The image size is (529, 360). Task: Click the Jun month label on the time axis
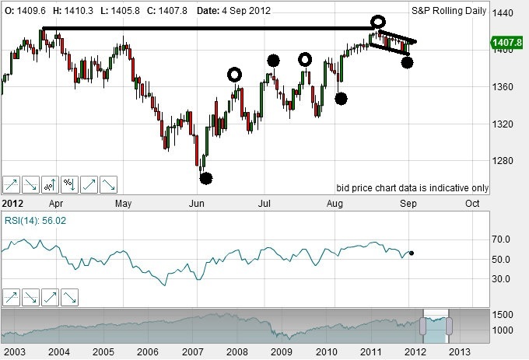[198, 204]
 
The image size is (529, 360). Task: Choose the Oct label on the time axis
[471, 204]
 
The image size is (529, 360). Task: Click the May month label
[123, 204]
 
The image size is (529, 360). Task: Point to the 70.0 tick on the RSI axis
[502, 239]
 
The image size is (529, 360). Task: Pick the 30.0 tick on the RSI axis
[502, 278]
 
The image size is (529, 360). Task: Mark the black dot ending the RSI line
[412, 253]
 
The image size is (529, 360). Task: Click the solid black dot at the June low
[205, 178]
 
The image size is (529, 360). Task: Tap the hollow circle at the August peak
[378, 21]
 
